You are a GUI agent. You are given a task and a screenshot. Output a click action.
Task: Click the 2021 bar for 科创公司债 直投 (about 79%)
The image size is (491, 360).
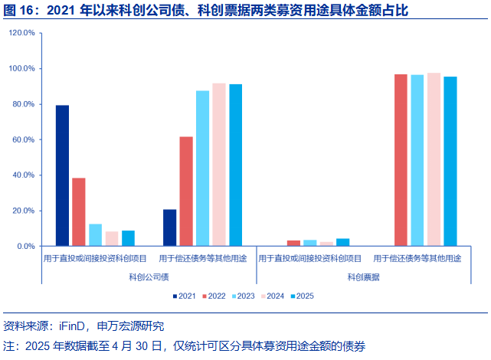(62, 175)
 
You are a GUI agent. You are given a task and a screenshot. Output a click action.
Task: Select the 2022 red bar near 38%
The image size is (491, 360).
(79, 212)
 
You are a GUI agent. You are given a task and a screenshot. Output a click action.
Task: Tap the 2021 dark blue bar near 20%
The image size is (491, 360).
(170, 227)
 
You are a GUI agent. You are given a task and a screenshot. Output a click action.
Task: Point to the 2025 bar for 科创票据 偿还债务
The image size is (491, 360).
(450, 162)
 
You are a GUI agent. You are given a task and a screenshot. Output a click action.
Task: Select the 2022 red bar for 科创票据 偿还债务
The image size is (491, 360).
(401, 160)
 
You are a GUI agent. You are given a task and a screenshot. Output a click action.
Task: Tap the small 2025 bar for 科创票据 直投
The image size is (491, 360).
(342, 243)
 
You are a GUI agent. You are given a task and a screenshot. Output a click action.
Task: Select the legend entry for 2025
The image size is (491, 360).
(301, 296)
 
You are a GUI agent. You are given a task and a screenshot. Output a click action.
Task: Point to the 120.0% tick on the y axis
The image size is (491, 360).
(22, 34)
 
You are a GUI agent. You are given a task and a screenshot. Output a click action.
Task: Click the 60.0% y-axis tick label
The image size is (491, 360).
(22, 140)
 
